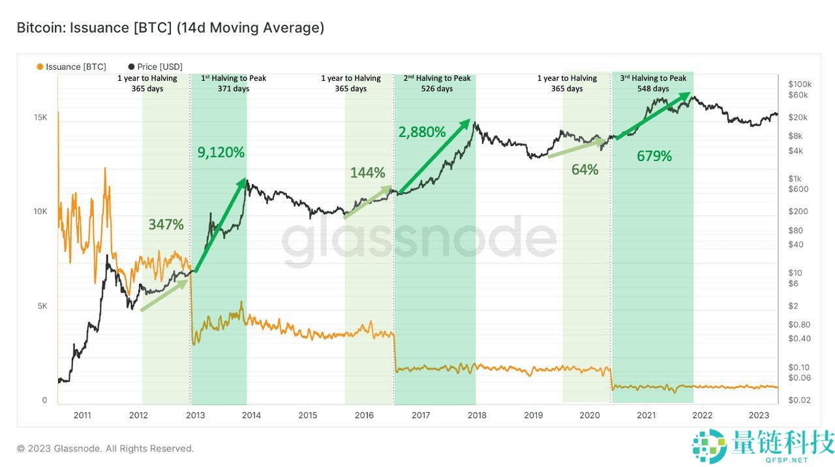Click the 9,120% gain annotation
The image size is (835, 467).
point(221,153)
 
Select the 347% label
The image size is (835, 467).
point(166,224)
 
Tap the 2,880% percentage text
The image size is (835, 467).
point(422,132)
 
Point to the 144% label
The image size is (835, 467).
point(368,173)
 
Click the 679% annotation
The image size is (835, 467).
point(654,157)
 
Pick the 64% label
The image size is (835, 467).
point(584,170)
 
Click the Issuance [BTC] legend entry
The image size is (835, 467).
point(72,67)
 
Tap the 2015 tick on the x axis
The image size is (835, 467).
point(307,415)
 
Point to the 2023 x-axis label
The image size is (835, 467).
point(759,415)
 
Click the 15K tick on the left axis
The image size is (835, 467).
point(40,117)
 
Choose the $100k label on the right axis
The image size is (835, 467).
point(799,84)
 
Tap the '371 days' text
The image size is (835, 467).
point(234,89)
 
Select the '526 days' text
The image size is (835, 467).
point(436,89)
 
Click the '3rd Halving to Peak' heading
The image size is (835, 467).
point(653,78)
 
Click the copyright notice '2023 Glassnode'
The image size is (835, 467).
point(105,449)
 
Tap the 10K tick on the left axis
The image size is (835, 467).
point(40,212)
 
